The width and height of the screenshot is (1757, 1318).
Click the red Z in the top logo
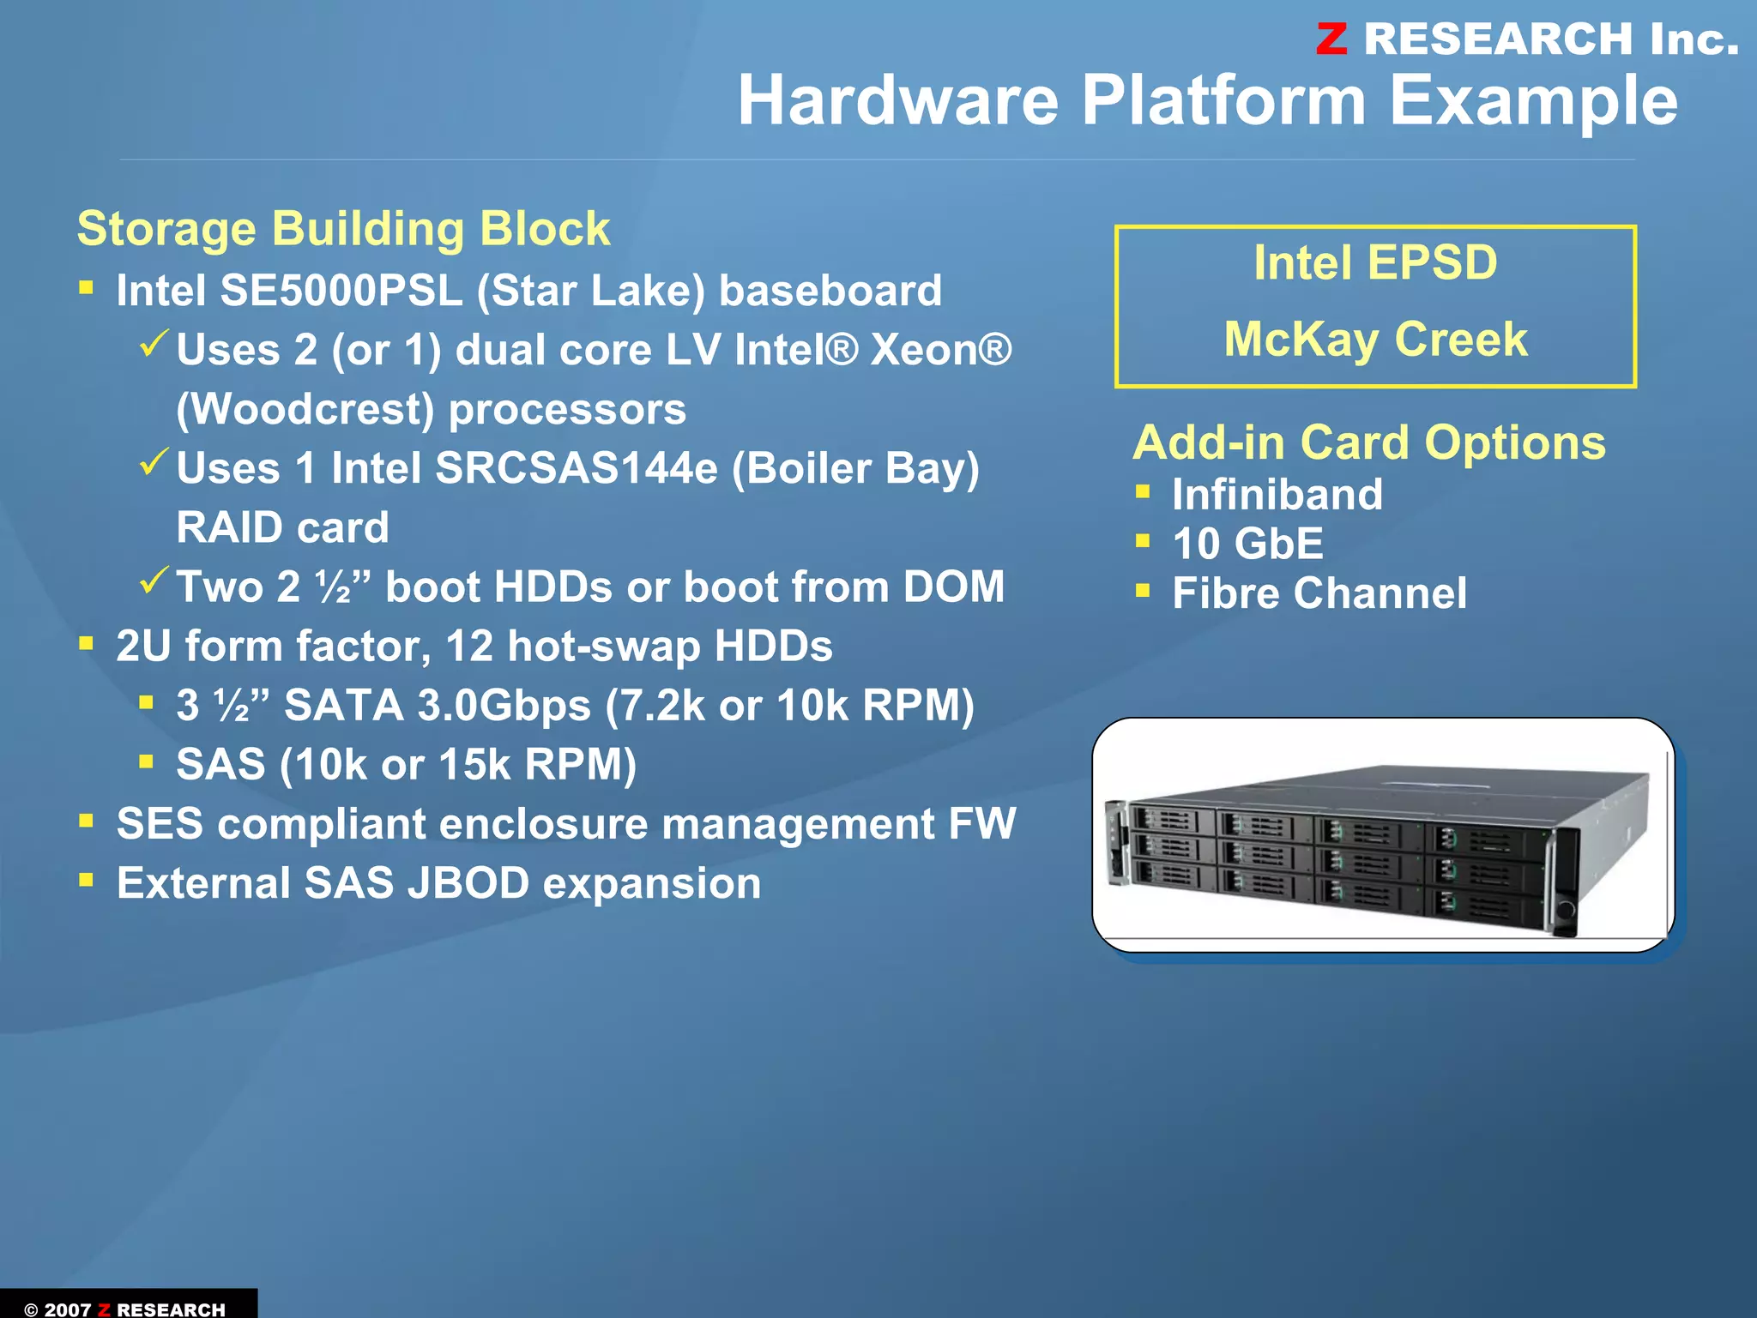(1331, 39)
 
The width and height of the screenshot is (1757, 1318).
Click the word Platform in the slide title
(1223, 100)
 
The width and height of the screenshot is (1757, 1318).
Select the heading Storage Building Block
(343, 229)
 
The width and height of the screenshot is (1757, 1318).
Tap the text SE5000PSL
(341, 291)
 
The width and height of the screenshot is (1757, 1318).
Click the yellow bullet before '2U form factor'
(86, 643)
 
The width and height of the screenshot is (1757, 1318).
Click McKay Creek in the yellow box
(1375, 339)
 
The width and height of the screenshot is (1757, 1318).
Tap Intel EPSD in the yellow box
(1375, 262)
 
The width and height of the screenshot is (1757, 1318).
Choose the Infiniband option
(1277, 495)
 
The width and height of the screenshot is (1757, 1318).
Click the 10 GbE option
(1247, 544)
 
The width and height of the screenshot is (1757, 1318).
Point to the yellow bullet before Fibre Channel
(1143, 590)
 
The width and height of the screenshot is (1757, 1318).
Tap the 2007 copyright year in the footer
(68, 1309)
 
